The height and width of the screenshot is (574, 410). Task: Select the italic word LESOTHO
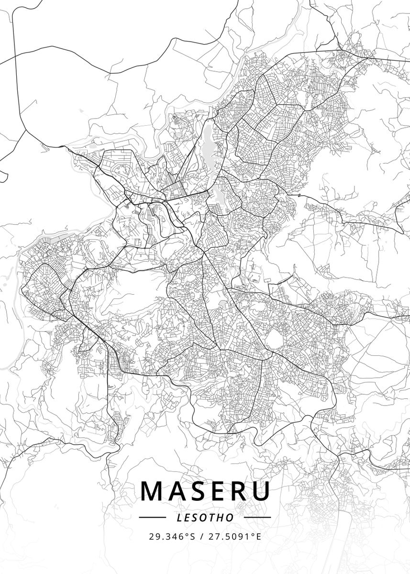pyautogui.click(x=205, y=517)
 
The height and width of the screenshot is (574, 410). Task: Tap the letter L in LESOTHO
pyautogui.click(x=178, y=517)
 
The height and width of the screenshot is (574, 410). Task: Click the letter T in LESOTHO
pyautogui.click(x=213, y=517)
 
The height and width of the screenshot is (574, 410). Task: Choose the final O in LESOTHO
pyautogui.click(x=231, y=517)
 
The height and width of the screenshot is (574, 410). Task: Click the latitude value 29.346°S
pyautogui.click(x=172, y=536)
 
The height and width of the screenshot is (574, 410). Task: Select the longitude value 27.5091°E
pyautogui.click(x=234, y=536)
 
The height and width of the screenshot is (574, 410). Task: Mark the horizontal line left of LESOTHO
pyautogui.click(x=152, y=517)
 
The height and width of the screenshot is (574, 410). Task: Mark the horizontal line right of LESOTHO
pyautogui.click(x=258, y=517)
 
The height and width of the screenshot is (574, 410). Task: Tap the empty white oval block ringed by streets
pyautogui.click(x=273, y=340)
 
